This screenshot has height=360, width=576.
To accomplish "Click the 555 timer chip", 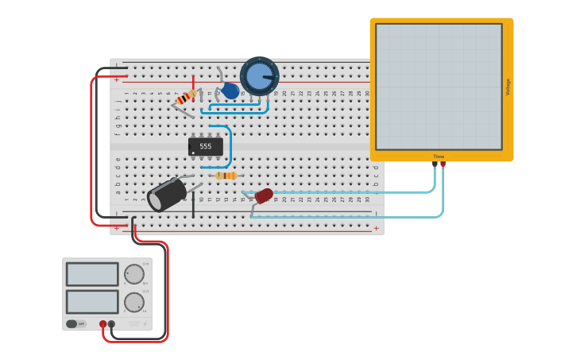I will pyautogui.click(x=205, y=146).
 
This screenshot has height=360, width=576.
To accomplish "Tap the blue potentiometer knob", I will pyautogui.click(x=259, y=76).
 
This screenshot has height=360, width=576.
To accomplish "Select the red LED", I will pyautogui.click(x=264, y=195).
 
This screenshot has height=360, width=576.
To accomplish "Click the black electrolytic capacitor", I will pyautogui.click(x=168, y=195).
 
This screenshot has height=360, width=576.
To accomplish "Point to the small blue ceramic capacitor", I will pyautogui.click(x=230, y=91).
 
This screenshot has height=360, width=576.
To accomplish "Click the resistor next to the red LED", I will pyautogui.click(x=226, y=176).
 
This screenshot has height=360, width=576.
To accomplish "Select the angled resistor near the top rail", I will pyautogui.click(x=186, y=98).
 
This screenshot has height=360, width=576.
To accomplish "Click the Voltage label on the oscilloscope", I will pyautogui.click(x=508, y=87).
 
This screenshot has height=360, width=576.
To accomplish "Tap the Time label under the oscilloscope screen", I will pyautogui.click(x=439, y=157).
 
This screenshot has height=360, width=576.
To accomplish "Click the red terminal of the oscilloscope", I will pyautogui.click(x=443, y=165).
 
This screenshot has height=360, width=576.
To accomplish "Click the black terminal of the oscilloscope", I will pyautogui.click(x=435, y=165).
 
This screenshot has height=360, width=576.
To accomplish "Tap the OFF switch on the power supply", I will pyautogui.click(x=75, y=323).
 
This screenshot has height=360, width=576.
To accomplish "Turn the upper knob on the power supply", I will pyautogui.click(x=134, y=274).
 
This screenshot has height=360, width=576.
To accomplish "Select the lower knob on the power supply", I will pyautogui.click(x=134, y=302).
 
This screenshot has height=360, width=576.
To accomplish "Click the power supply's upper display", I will pyautogui.click(x=92, y=274).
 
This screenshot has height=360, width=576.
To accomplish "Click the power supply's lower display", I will pyautogui.click(x=92, y=302).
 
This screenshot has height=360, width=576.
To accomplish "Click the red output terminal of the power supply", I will pyautogui.click(x=102, y=323).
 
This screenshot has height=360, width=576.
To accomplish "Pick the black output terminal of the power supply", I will pyautogui.click(x=111, y=323).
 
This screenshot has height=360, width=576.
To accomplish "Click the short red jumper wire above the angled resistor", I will pyautogui.click(x=193, y=82).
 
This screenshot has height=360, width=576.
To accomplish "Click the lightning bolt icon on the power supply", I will pyautogui.click(x=133, y=323).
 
